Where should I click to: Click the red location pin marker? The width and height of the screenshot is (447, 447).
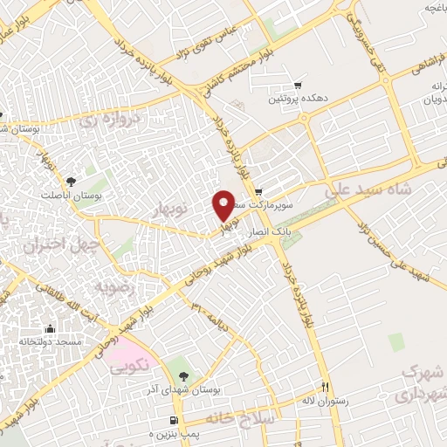[x=223, y=205]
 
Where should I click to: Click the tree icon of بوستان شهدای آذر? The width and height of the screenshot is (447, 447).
[x=184, y=375]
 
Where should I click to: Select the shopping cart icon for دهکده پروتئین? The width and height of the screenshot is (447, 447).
[x=299, y=86]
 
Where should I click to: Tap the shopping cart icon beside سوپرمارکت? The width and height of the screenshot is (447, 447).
[x=258, y=193]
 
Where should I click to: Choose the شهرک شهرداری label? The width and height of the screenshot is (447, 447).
[x=420, y=384]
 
